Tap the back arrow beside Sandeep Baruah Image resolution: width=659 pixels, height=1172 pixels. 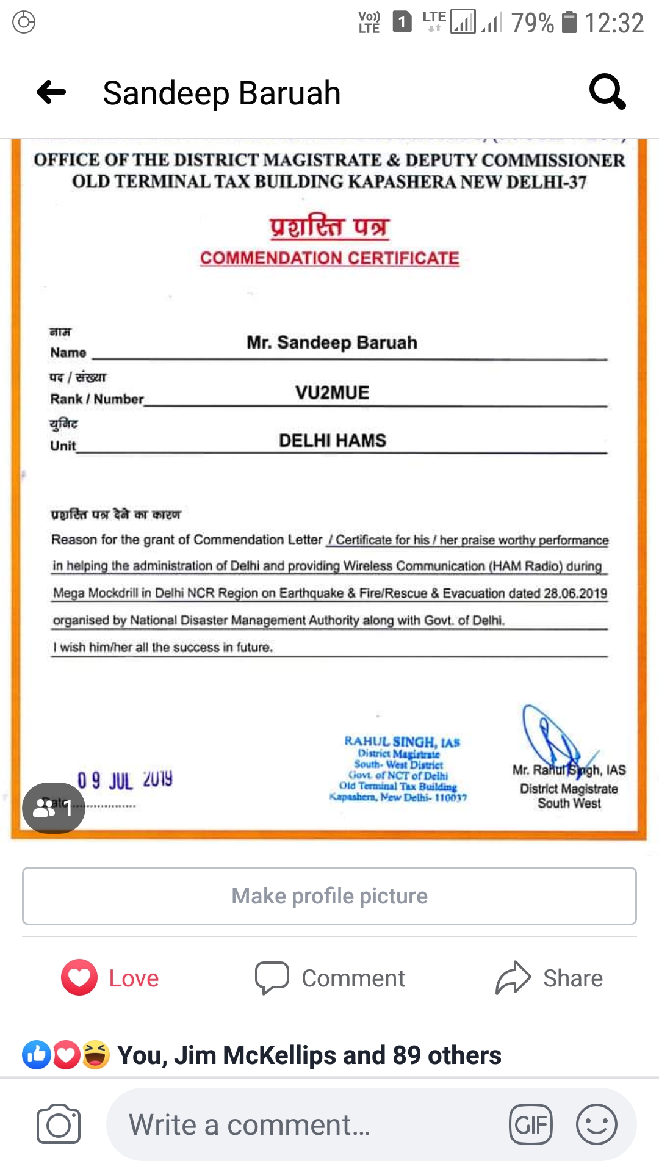[x=51, y=93]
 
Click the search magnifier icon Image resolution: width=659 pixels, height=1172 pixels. [x=607, y=92]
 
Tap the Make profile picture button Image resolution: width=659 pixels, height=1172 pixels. [x=329, y=896]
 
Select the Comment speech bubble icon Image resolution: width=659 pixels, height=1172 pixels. [x=272, y=978]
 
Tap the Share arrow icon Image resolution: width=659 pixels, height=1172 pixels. [x=514, y=978]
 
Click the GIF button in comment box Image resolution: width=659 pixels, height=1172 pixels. [x=531, y=1124]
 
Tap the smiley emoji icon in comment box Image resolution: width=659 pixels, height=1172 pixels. [x=597, y=1124]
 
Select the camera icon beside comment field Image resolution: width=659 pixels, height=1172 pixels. [x=59, y=1124]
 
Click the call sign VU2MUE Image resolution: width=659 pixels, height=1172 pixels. [x=333, y=392]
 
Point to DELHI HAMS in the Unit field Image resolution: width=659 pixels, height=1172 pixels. [x=333, y=441]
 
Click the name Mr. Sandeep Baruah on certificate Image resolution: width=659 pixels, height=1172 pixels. [x=332, y=342]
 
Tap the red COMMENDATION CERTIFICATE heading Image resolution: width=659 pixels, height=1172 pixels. [x=329, y=258]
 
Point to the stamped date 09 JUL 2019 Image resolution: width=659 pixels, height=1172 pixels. [x=125, y=780]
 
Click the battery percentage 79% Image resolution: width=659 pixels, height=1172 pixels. [x=532, y=23]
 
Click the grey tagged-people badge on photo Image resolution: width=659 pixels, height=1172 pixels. [x=54, y=808]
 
